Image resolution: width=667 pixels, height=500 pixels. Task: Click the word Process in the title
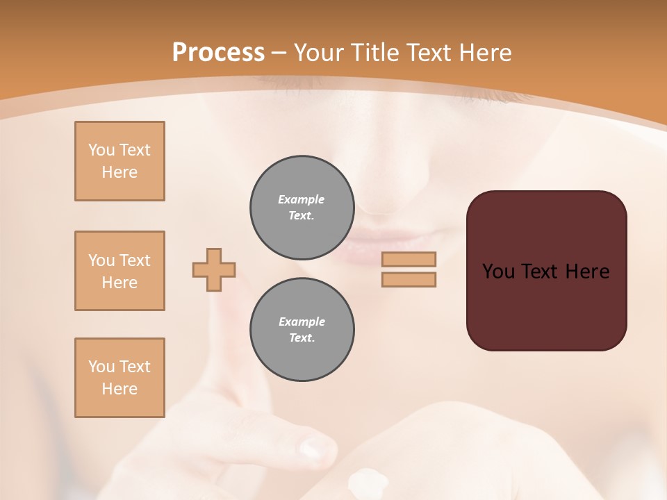coord(218,53)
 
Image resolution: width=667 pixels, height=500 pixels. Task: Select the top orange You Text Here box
coord(120,161)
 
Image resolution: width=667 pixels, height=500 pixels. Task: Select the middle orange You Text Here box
coord(120,271)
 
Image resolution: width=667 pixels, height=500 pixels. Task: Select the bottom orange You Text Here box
coord(120,378)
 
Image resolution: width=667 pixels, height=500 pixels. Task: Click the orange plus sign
coord(214,269)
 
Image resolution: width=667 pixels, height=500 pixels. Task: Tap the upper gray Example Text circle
coord(302,208)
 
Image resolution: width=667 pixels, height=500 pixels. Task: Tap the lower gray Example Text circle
coord(302,330)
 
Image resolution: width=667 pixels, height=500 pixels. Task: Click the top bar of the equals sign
coord(409,260)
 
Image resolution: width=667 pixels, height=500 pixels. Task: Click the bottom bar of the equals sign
coord(409,280)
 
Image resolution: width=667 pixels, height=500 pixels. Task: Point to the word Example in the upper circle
coord(302,199)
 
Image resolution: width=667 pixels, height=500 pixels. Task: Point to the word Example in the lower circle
coord(302,322)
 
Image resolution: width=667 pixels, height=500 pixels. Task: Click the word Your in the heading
coord(320,53)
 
